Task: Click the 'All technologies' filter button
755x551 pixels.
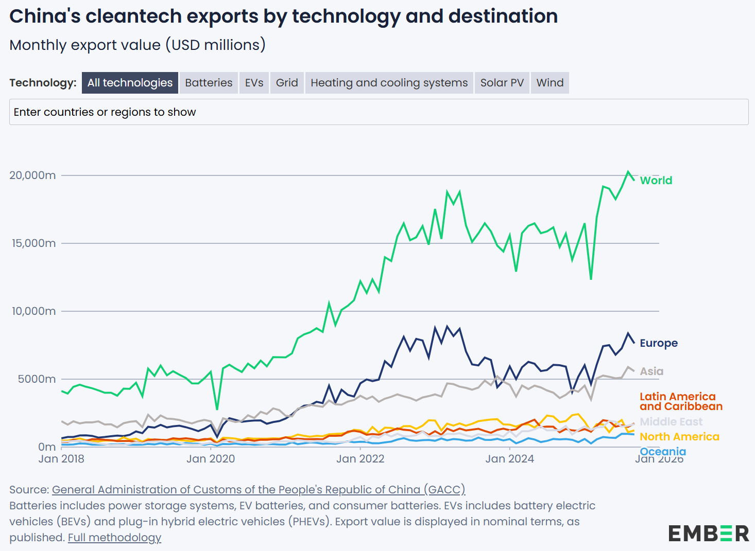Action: (x=130, y=83)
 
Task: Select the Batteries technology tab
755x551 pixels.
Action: (x=209, y=83)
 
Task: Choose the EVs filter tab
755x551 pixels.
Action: (x=254, y=83)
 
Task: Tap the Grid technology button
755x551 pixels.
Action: (x=287, y=83)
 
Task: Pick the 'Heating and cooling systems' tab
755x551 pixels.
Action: (x=389, y=83)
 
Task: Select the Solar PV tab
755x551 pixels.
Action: (x=502, y=83)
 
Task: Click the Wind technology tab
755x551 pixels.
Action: (x=550, y=83)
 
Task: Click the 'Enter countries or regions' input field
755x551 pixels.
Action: (x=379, y=112)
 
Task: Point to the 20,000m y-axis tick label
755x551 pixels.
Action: (x=32, y=175)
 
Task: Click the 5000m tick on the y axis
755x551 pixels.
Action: (x=37, y=379)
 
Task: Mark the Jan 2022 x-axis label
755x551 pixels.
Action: (x=360, y=459)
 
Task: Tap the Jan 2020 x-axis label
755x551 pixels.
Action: (x=210, y=459)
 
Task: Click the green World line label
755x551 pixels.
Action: (x=656, y=181)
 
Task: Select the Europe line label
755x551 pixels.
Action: (x=658, y=343)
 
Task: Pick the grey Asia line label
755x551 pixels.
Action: (x=651, y=371)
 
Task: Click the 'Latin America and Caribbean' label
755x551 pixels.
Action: (x=680, y=401)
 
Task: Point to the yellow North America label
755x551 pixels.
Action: (x=679, y=437)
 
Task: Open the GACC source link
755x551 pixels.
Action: (x=258, y=490)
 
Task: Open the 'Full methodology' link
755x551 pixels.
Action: (x=114, y=538)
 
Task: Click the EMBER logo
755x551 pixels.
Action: (x=708, y=534)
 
